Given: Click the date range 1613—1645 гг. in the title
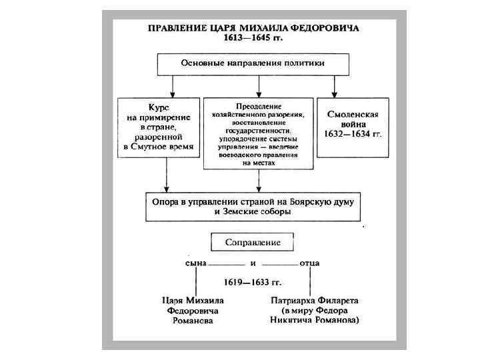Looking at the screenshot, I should pyautogui.click(x=253, y=38).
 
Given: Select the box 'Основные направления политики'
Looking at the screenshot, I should pyautogui.click(x=253, y=63).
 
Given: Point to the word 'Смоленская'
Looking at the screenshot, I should pyautogui.click(x=353, y=114).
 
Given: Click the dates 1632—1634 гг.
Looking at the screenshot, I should pyautogui.click(x=354, y=133).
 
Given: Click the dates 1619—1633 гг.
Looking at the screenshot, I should pyautogui.click(x=253, y=283).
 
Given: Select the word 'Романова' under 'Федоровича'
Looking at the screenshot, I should pyautogui.click(x=193, y=321).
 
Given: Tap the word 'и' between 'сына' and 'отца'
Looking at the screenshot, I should pyautogui.click(x=253, y=263).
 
